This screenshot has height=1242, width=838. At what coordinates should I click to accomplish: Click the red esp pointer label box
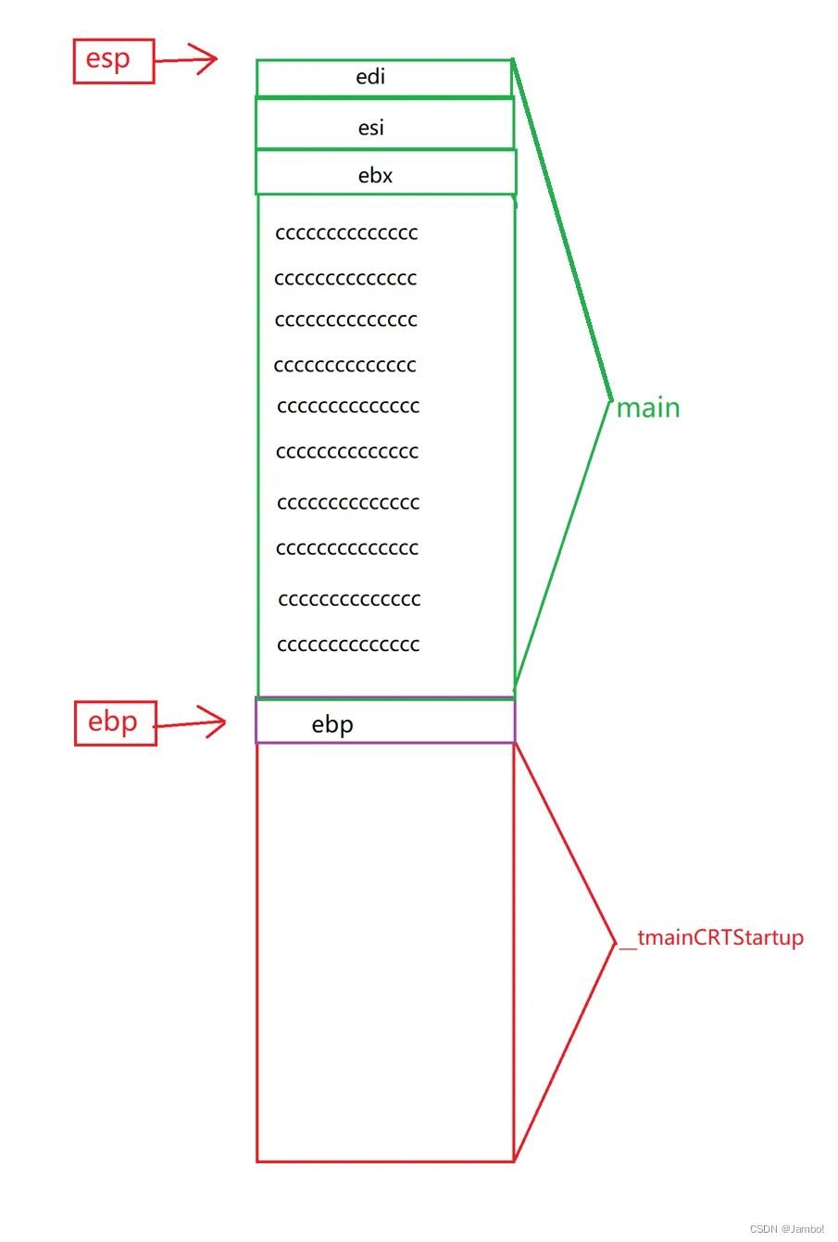coord(113,61)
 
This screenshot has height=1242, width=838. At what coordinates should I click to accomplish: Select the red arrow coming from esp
coord(185,60)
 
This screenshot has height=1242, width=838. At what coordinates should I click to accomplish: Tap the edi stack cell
coord(383,78)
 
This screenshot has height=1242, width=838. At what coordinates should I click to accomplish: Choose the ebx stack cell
coord(384,174)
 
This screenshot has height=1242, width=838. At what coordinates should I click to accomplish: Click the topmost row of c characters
coord(346,232)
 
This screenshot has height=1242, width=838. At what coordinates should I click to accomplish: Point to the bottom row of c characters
coord(348,645)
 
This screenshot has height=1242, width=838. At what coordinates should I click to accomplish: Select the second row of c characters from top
coord(345,278)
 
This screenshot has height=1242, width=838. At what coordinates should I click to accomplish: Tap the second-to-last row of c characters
coord(349,599)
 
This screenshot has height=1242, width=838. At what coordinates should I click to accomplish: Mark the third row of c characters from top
coord(346,320)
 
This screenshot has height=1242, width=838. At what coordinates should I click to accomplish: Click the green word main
coord(648,408)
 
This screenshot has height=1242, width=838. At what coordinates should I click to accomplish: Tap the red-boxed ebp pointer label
coord(115,723)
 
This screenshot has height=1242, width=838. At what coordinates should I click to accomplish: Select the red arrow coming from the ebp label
coord(191,723)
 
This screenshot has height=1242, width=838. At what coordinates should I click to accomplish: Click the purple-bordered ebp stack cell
coord(384,722)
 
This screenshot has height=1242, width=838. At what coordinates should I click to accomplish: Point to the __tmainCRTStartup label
coord(711,938)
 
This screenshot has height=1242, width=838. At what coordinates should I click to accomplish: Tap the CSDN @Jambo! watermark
coord(786,1229)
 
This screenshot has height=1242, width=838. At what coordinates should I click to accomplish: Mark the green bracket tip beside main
coord(611,401)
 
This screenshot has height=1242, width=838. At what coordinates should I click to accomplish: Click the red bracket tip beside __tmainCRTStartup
coord(615,944)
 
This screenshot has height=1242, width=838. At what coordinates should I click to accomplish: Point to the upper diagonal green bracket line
coord(562,232)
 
